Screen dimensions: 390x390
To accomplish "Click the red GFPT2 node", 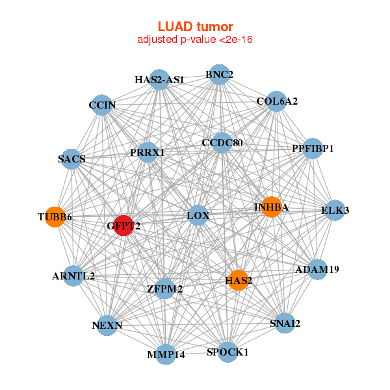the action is tap(123, 225).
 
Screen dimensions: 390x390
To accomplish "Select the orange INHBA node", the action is tap(271, 207).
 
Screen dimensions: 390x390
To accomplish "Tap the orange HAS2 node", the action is tap(239, 280).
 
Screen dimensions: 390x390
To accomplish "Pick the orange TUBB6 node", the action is tap(55, 216).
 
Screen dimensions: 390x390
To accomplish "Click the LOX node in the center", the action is tap(198, 215).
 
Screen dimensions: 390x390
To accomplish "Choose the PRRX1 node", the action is tap(148, 153).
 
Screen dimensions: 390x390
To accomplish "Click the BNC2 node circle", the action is tap(219, 75).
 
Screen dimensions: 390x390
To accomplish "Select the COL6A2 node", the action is tap(277, 101).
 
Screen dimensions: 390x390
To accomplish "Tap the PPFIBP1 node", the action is tap(313, 149).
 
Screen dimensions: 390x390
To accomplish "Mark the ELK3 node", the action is tap(335, 210).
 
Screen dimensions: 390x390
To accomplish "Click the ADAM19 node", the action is tap(317, 269).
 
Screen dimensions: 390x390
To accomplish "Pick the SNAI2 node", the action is tap(285, 323).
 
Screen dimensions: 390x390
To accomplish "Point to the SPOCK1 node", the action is tap(227, 352).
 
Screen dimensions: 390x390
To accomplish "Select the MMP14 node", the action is tap(166, 354).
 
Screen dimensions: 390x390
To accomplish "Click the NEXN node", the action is tap(107, 325).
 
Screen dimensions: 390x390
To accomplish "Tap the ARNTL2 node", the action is tap(73, 276).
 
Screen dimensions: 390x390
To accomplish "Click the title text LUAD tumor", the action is tap(195, 27).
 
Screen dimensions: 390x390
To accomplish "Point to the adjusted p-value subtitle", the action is tap(195, 40).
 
